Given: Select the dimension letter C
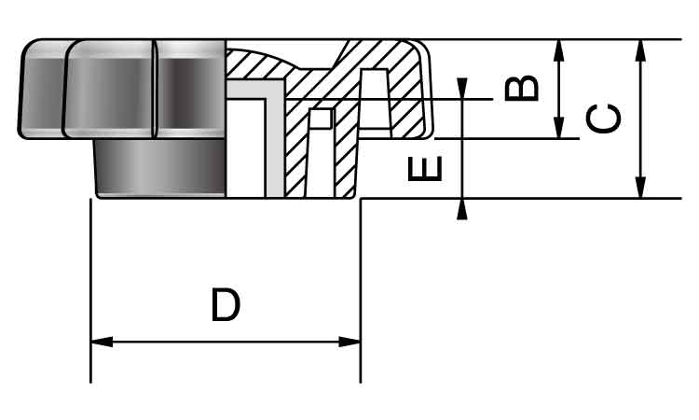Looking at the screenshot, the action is click(x=604, y=119).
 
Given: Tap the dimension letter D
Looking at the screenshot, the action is click(x=226, y=305).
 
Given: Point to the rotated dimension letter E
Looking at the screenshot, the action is click(x=425, y=168).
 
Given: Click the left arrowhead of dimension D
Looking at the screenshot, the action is click(x=102, y=342).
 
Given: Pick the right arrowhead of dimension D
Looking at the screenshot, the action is click(x=349, y=342).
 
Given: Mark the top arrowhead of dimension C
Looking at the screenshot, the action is click(x=640, y=50).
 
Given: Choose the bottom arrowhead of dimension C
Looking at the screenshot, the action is click(x=640, y=188).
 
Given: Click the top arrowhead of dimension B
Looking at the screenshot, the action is click(x=558, y=50).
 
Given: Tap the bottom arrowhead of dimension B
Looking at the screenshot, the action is click(x=558, y=128).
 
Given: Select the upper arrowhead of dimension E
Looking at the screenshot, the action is click(x=462, y=89).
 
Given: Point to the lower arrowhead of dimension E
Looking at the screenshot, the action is click(x=462, y=209).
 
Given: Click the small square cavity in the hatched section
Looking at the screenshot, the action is click(x=321, y=119).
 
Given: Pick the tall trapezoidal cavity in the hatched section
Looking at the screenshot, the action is click(x=374, y=99).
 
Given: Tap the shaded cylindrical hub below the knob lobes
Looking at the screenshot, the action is click(x=160, y=168).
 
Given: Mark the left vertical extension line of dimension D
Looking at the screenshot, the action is click(x=91, y=290).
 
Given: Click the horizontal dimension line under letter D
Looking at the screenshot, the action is click(x=226, y=342).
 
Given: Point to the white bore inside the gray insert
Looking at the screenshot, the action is click(x=246, y=148).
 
